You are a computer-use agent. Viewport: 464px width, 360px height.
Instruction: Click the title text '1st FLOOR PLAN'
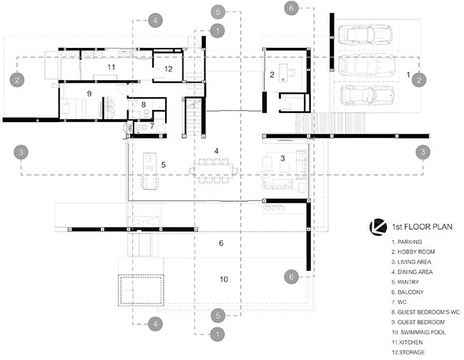pos(423,227)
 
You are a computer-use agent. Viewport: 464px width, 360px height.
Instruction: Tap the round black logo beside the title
pos(378,227)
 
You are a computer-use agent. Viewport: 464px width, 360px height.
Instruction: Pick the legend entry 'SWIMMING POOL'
pos(418,332)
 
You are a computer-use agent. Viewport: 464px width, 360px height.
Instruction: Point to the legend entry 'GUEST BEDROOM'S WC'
pos(425,312)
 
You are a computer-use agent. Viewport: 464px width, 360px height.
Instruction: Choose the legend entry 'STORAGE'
pos(408,352)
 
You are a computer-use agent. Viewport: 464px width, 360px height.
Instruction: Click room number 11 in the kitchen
pos(112,67)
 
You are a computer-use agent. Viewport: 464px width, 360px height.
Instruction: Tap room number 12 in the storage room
pos(168,69)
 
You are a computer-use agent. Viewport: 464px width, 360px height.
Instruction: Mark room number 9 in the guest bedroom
pos(89,94)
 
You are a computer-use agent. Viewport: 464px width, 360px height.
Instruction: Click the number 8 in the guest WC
pos(144,104)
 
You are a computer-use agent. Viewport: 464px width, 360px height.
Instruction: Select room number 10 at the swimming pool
pos(224,279)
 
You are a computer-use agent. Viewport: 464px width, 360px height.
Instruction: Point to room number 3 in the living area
pos(282,158)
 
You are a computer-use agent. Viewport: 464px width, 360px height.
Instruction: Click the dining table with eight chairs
pos(214,171)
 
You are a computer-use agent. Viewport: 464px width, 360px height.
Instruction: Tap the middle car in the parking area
pos(367,65)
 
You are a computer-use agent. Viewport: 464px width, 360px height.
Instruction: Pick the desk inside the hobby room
pos(284,72)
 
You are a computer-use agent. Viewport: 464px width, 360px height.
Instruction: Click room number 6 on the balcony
pos(221,243)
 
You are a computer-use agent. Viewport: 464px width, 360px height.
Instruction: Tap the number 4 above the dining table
pos(217,151)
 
